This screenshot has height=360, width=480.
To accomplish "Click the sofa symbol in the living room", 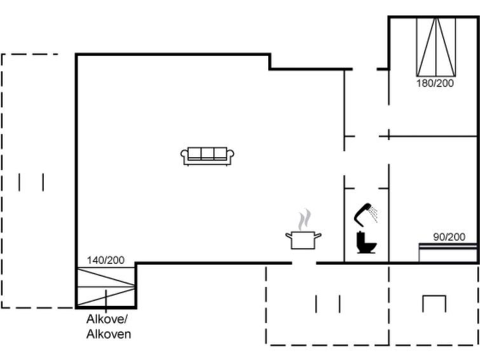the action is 207,156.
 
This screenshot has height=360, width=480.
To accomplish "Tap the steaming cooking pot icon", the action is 303,230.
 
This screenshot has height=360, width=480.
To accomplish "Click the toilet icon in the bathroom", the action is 366,242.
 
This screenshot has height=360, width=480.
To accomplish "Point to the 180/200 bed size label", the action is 435,83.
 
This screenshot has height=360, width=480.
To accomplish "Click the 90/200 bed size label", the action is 449,237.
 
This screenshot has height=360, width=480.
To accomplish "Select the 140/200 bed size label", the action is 106,260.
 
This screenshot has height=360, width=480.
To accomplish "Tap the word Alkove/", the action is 107,319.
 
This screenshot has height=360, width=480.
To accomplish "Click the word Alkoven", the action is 109,334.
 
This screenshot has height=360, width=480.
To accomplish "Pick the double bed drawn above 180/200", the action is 436,47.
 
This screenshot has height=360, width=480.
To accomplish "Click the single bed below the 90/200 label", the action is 448,253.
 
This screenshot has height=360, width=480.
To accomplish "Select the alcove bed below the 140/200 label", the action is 106,287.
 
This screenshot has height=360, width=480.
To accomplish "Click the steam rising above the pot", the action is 305,219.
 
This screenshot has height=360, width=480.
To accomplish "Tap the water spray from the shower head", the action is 373,214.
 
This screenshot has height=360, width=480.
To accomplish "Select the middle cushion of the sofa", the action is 207,153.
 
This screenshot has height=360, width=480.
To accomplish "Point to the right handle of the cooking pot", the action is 318,235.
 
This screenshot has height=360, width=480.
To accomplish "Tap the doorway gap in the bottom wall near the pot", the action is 304,263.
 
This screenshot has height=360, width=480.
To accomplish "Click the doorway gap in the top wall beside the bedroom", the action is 364,69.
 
